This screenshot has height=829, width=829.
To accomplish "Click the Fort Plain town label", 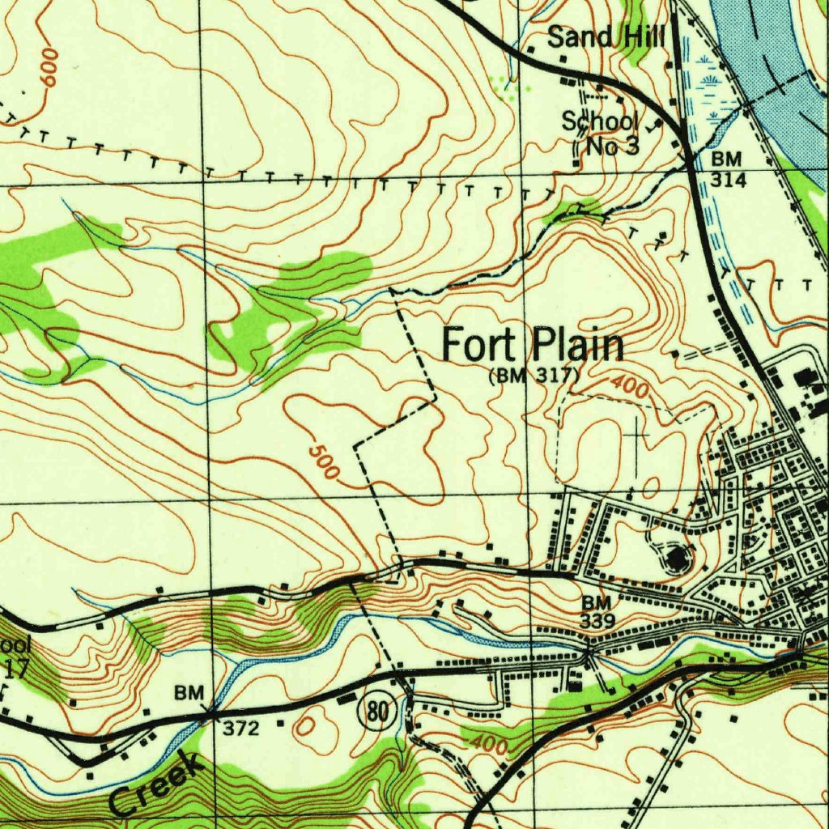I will pyautogui.click(x=533, y=346).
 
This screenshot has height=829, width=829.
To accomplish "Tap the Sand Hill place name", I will pyautogui.click(x=606, y=36).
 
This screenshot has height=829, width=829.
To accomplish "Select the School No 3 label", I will pyautogui.click(x=601, y=134).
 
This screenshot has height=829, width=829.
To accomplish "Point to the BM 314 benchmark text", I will pyautogui.click(x=727, y=169).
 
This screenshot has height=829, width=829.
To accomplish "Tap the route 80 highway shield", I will pyautogui.click(x=376, y=712).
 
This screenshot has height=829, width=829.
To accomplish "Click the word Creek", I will pyautogui.click(x=154, y=784).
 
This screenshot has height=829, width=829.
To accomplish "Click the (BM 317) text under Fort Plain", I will pyautogui.click(x=535, y=376).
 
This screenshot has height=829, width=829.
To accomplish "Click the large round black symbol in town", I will pyautogui.click(x=677, y=557).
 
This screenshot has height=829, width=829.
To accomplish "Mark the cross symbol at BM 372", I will pyautogui.click(x=209, y=712).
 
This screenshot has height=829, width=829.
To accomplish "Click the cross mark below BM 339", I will pyautogui.click(x=589, y=650).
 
